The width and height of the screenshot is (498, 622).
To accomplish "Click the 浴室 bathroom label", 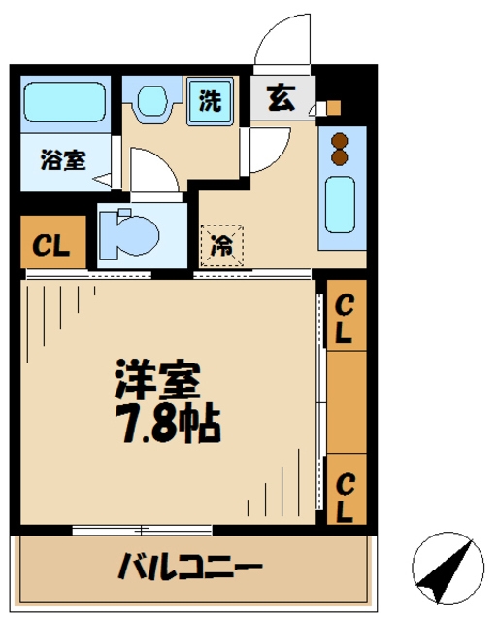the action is pyautogui.click(x=63, y=159).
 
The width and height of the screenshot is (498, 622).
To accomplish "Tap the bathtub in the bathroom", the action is pyautogui.click(x=65, y=101).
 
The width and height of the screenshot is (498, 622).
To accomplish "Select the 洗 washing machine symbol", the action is pyautogui.click(x=210, y=101).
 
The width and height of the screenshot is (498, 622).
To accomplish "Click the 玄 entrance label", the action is pyautogui.click(x=281, y=98).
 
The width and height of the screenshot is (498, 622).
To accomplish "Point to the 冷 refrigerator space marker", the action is pyautogui.click(x=222, y=246).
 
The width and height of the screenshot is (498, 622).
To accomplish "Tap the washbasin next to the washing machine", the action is pyautogui.click(x=152, y=101).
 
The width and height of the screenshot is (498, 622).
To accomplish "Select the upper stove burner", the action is pyautogui.click(x=340, y=142).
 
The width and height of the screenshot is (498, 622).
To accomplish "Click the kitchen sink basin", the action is pyautogui.click(x=340, y=205).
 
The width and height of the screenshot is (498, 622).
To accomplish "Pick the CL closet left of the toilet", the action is pyautogui.click(x=53, y=242).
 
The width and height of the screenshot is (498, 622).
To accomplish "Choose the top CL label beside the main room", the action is pyautogui.click(x=345, y=319).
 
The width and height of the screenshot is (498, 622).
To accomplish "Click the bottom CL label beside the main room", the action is pyautogui.click(x=345, y=498).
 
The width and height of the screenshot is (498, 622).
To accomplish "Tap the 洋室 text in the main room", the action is pyautogui.click(x=157, y=379).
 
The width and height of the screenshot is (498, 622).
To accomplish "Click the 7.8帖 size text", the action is pyautogui.click(x=168, y=424).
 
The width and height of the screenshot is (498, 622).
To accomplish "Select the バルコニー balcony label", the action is pyautogui.click(x=190, y=566).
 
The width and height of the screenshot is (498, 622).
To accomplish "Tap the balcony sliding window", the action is pyautogui.click(x=143, y=530).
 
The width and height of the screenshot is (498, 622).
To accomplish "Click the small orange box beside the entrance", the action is pyautogui.click(x=334, y=108).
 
